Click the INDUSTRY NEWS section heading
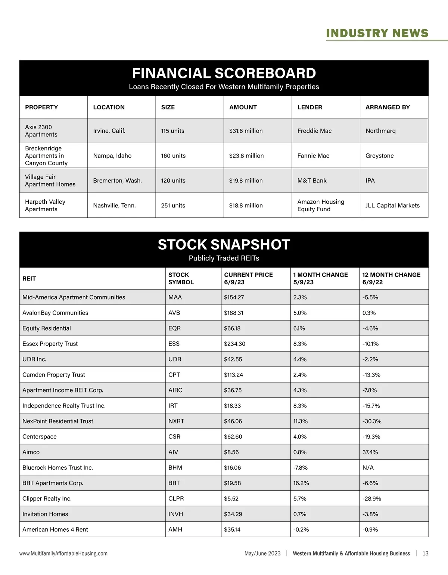[x=377, y=33]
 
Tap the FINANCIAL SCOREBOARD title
[x=224, y=74]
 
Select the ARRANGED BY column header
[x=388, y=107]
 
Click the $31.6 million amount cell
[x=246, y=131]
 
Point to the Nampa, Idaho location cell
[x=112, y=156]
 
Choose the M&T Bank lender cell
[x=312, y=181]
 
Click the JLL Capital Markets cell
[x=392, y=206]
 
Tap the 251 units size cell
[x=173, y=206]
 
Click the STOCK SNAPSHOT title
[x=224, y=245]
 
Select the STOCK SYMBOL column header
[x=181, y=278]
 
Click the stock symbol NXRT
[x=176, y=421]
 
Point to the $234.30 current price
[x=234, y=344]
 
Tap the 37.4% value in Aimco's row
[x=370, y=452]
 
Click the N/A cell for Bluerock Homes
[x=368, y=468]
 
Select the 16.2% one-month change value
[x=301, y=483]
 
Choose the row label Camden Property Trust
[x=54, y=375]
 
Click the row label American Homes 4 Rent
[x=55, y=530]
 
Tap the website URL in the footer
[x=63, y=553]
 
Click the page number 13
[x=425, y=553]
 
